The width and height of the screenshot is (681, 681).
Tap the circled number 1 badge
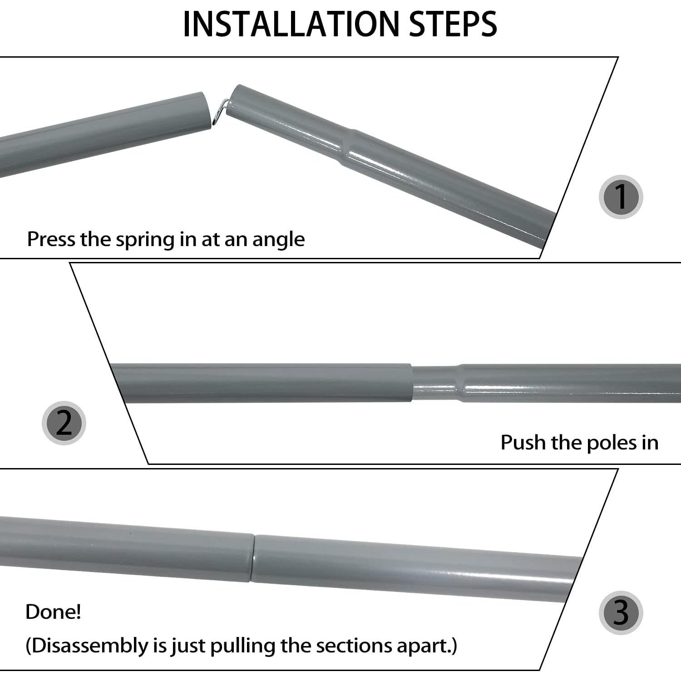620,197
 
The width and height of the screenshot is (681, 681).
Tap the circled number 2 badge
64,423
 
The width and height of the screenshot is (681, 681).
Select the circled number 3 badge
620,612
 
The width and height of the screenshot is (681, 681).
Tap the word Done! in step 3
53,612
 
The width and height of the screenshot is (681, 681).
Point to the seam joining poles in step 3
252,558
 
